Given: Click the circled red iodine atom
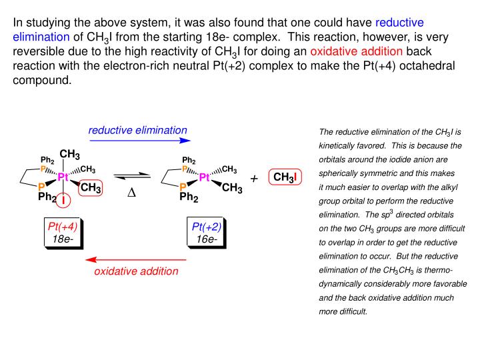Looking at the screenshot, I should point(63,200).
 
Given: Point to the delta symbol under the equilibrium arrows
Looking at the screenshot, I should point(131,193).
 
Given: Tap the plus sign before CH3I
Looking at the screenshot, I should point(254,179).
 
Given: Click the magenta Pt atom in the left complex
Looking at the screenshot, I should point(63,177).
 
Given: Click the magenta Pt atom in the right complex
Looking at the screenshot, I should point(205,177).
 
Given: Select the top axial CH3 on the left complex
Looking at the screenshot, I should point(70,155).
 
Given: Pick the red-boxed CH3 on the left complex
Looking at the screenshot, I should point(90,189).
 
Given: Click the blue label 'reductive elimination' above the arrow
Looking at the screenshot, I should point(138,129).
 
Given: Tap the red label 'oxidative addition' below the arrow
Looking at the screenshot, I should point(136,271).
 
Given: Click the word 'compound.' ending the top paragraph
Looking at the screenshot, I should point(41,80).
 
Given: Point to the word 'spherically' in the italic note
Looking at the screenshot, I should point(341,173).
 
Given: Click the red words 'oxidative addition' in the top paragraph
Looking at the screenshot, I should point(357,51).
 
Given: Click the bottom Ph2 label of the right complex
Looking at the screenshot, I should point(190,197).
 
